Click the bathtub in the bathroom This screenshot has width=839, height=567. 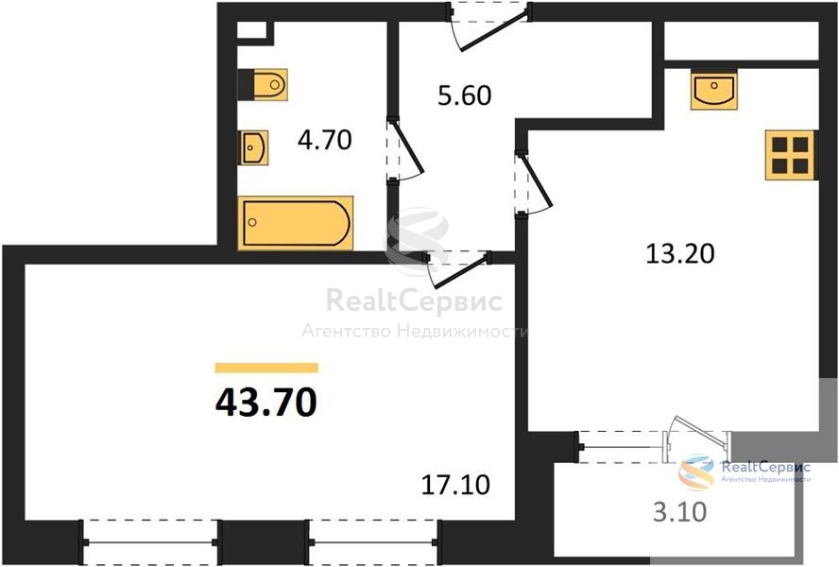(x=296, y=223)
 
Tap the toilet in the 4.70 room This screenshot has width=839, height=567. (x=263, y=85)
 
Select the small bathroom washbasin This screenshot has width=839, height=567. (x=252, y=147)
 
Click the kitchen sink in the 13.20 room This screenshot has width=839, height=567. (x=713, y=91)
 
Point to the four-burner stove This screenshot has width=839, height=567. (x=790, y=155)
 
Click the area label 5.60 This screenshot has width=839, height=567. (x=465, y=95)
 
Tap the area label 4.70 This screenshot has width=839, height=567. (x=325, y=140)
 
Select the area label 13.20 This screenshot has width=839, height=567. (x=680, y=253)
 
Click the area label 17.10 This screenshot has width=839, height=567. (x=455, y=485)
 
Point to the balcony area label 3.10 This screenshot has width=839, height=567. (x=680, y=512)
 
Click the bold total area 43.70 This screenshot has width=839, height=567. (x=265, y=403)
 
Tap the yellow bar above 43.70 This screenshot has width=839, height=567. (x=266, y=368)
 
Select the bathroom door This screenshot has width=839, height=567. (x=405, y=150)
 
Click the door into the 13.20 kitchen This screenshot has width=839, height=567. (x=534, y=183)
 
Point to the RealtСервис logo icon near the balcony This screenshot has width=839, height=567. (x=696, y=472)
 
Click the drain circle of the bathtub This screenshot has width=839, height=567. (x=252, y=222)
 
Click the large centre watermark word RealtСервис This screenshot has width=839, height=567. (x=414, y=301)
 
